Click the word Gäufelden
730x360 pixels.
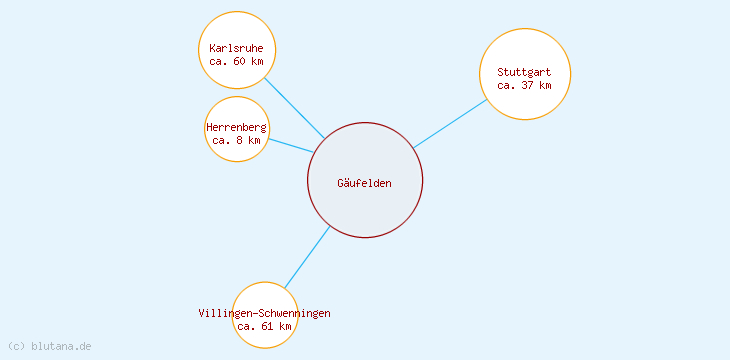(365, 183)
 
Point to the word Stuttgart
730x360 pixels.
(525, 72)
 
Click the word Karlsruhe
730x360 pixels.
(237, 48)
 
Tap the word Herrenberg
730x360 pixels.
(237, 128)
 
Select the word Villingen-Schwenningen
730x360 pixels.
(265, 313)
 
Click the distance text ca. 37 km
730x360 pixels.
(525, 85)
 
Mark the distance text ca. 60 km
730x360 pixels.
(237, 61)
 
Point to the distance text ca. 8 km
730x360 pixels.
(237, 141)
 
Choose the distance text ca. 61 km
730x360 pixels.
(265, 326)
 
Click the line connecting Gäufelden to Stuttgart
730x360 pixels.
(450, 123)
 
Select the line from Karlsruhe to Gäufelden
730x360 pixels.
(295, 108)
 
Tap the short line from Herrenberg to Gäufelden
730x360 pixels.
(290, 145)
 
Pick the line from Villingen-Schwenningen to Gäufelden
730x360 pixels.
(307, 257)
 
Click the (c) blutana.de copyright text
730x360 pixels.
(50, 346)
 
